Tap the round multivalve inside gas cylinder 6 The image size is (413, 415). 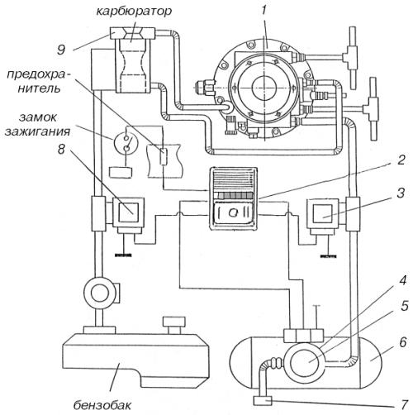pos(297,364)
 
